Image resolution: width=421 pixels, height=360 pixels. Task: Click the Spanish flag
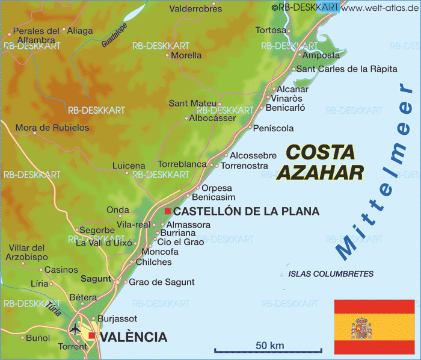[x=374, y=328]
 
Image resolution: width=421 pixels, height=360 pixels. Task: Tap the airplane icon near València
[x=75, y=329]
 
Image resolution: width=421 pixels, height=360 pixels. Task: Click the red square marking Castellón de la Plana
[x=168, y=211]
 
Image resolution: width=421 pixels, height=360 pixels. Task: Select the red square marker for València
[x=91, y=335]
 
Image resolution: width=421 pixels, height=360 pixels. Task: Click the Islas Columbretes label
[x=331, y=274]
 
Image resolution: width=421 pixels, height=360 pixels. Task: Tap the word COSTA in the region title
[x=320, y=152]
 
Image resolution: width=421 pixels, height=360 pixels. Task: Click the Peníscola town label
[x=274, y=128]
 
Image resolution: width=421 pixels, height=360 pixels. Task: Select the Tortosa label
[x=271, y=29]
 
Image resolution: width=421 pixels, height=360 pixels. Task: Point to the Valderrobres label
[x=195, y=9]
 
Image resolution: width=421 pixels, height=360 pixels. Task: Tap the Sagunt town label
[x=96, y=279]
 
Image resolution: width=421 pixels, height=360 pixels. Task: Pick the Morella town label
[x=186, y=55]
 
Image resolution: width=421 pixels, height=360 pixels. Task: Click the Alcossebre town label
[x=253, y=155]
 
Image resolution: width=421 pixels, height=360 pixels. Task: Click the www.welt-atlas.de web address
[x=380, y=7]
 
